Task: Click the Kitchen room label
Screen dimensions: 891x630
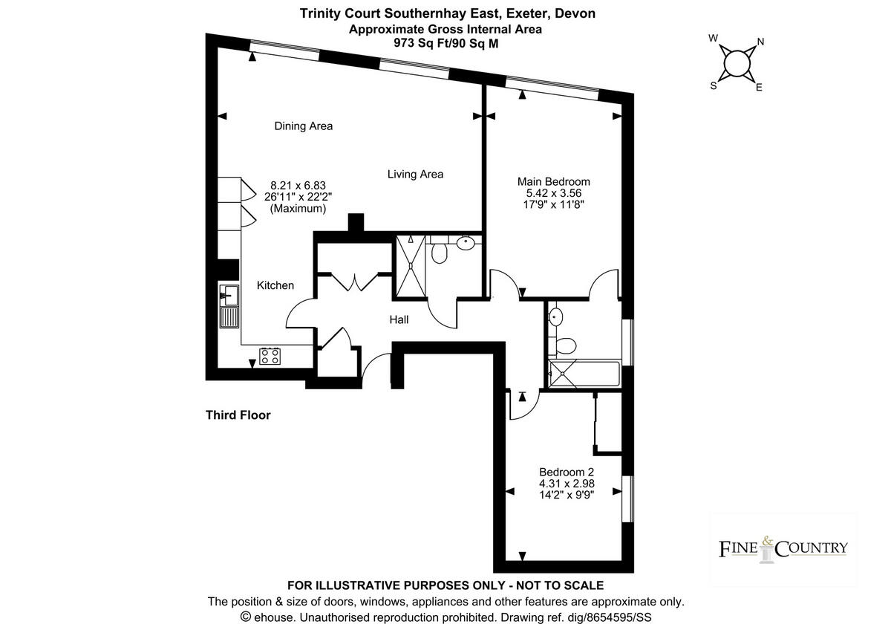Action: click(275, 285)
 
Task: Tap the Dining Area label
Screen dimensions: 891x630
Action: click(303, 126)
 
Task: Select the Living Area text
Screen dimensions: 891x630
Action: click(415, 175)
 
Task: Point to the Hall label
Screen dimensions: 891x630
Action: click(399, 320)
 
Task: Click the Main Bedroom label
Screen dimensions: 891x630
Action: click(554, 181)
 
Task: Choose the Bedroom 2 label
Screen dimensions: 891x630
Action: click(567, 472)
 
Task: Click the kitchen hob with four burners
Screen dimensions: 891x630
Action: click(270, 356)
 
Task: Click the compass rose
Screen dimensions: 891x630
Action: click(736, 62)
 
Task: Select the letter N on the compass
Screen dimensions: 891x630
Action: click(760, 42)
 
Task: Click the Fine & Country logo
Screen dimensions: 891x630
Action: click(783, 549)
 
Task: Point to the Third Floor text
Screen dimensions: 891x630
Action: click(238, 415)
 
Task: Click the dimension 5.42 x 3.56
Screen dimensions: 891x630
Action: click(554, 193)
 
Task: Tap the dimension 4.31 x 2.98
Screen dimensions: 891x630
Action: click(567, 484)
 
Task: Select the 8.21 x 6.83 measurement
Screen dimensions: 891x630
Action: click(298, 186)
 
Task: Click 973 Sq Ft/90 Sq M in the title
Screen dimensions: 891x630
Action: click(446, 43)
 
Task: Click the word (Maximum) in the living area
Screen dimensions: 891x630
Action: click(298, 210)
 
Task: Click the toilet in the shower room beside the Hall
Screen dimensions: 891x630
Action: click(439, 254)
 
